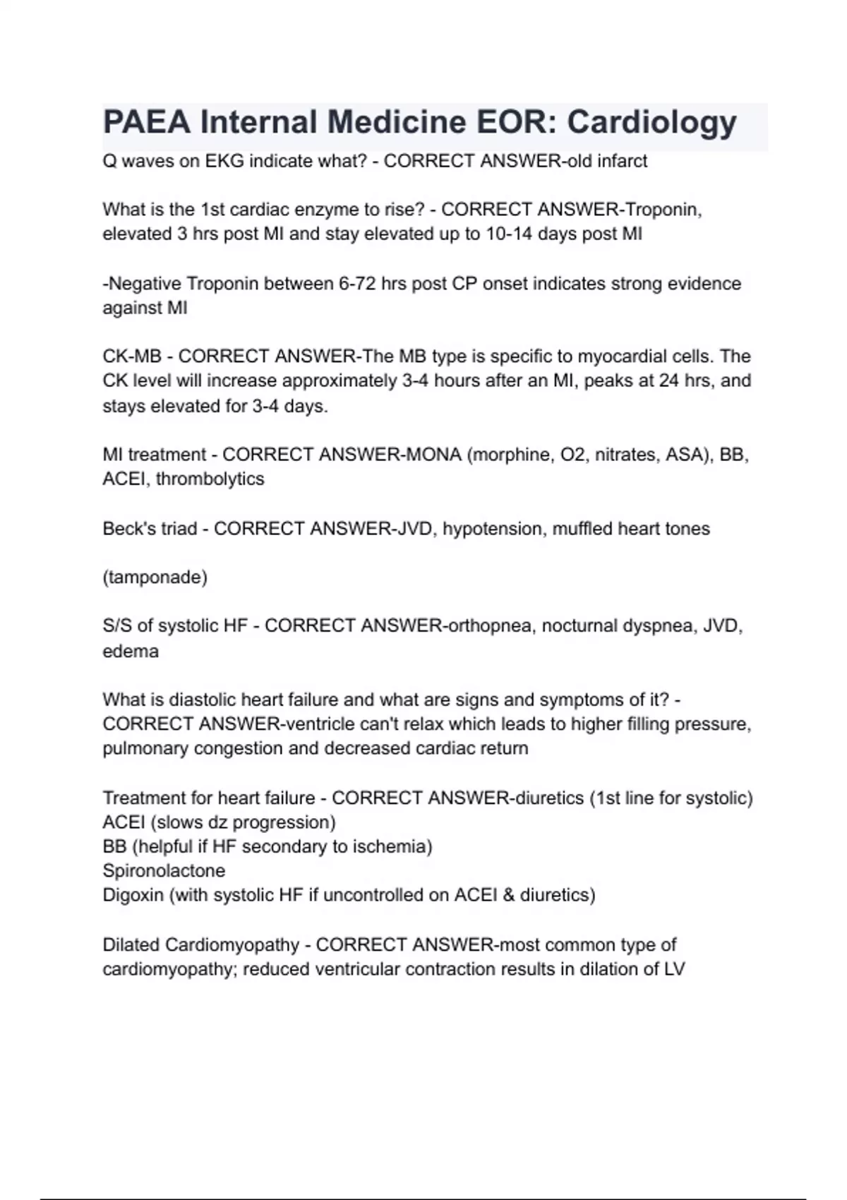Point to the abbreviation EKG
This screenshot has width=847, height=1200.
click(224, 161)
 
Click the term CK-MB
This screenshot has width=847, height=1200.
click(132, 356)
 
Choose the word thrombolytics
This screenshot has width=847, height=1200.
click(210, 479)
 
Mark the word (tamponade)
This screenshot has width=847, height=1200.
click(155, 577)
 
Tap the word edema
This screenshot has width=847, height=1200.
click(131, 651)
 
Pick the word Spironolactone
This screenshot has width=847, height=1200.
click(164, 870)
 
